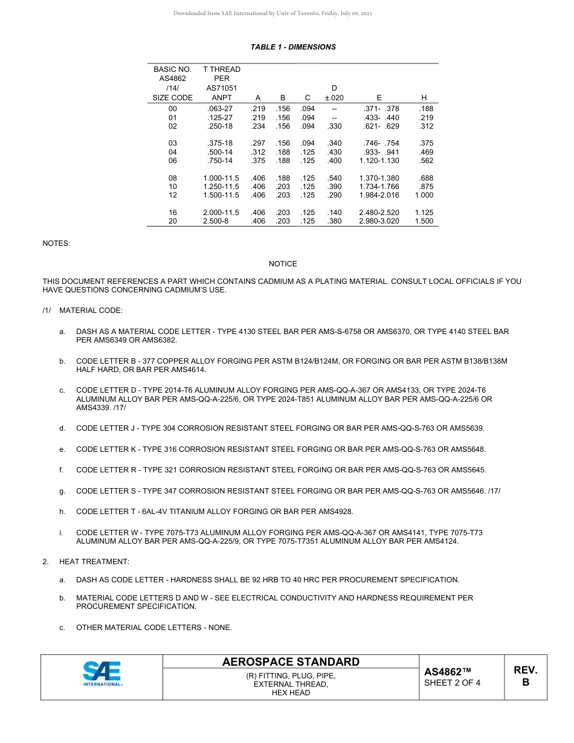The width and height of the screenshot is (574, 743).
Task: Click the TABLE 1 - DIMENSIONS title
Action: [293, 47]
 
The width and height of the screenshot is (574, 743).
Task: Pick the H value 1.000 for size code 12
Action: [424, 195]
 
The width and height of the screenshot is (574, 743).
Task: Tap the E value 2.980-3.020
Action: [379, 221]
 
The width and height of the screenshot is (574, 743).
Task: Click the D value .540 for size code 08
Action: [334, 178]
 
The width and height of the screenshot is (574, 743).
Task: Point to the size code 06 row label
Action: [173, 161]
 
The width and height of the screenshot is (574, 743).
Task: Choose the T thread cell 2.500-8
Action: [216, 221]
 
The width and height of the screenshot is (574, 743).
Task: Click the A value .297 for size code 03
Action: [258, 143]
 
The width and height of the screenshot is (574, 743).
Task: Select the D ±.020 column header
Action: [334, 93]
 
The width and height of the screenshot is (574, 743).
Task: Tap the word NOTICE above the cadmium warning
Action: [283, 264]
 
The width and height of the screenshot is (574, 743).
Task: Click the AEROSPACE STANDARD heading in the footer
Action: [291, 662]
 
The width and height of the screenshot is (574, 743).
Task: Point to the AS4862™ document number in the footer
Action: [447, 672]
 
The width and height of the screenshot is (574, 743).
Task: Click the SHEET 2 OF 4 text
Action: [453, 683]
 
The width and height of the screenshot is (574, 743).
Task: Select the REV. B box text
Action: [525, 676]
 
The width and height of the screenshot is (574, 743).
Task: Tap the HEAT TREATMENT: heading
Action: [94, 562]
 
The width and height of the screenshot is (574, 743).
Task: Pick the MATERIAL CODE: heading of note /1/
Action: [91, 310]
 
